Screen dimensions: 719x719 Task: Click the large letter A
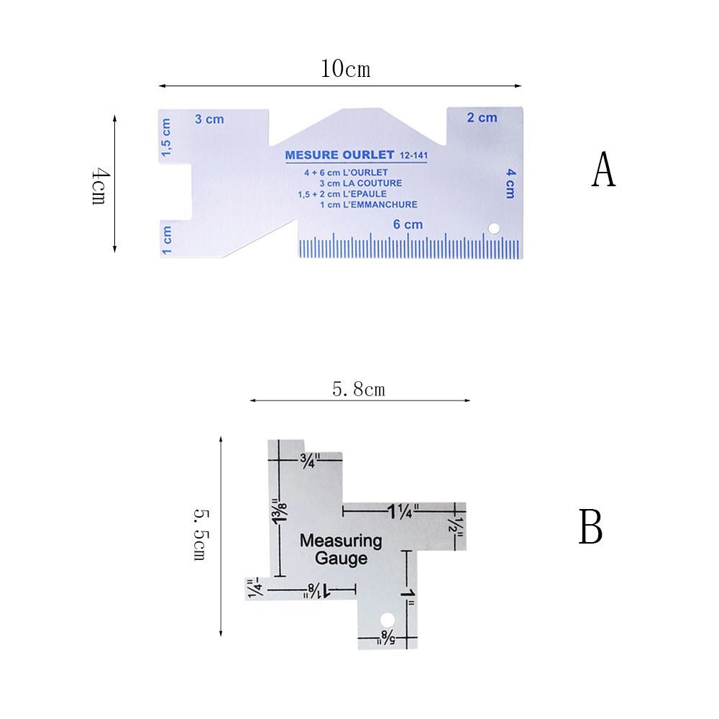click(604, 170)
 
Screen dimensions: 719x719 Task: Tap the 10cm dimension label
click(345, 70)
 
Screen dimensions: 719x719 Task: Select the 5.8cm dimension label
click(359, 390)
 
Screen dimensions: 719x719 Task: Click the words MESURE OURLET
click(339, 155)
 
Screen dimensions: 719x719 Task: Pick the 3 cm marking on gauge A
click(209, 119)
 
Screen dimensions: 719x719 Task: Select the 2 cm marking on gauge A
click(482, 117)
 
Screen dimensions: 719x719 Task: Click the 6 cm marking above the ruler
click(408, 224)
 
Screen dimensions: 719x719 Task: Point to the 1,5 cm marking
click(167, 138)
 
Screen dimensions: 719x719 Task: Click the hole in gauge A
click(493, 229)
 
